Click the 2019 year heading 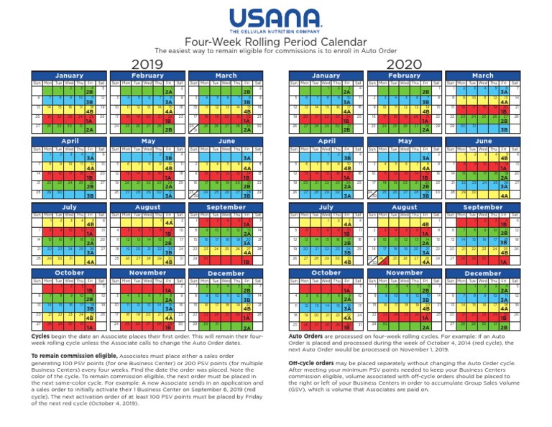pyautogui.click(x=148, y=65)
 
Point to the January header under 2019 pyautogui.click(x=69, y=75)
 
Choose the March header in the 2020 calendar pyautogui.click(x=483, y=75)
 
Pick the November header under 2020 pyautogui.click(x=405, y=273)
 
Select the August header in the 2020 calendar pyautogui.click(x=405, y=207)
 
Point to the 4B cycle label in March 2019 pyautogui.click(x=246, y=111)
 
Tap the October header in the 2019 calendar pyautogui.click(x=69, y=273)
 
